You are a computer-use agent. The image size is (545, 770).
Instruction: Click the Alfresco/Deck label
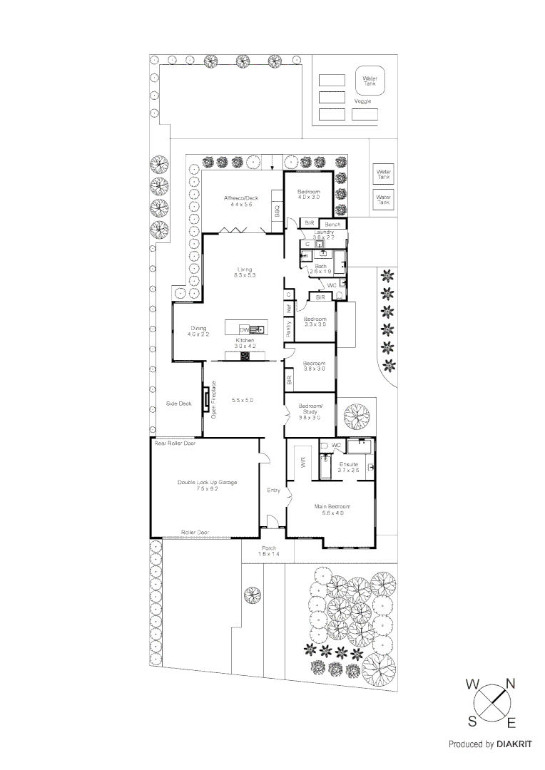[240, 197]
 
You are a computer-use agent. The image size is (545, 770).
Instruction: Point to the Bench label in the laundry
[333, 225]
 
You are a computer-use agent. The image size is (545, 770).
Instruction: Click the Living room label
[245, 269]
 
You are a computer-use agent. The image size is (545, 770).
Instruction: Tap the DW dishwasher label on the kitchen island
[244, 329]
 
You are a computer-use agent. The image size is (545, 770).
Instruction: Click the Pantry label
[289, 328]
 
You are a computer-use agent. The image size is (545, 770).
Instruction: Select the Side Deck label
[179, 404]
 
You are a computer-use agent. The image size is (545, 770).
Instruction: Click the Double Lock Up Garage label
[207, 482]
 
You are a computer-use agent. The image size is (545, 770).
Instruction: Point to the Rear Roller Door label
[175, 443]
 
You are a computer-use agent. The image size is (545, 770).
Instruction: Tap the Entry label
[273, 490]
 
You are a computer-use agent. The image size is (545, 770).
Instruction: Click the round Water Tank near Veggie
[370, 81]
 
